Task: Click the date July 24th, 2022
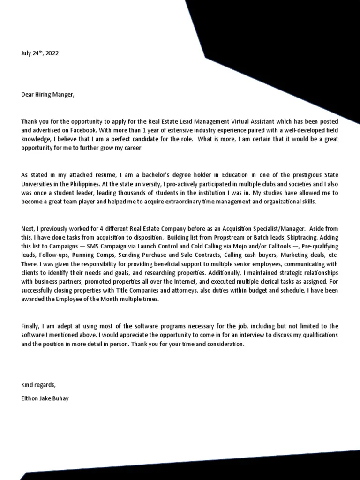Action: tap(40, 53)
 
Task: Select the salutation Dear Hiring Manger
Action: tap(47, 95)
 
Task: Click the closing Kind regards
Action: tap(38, 385)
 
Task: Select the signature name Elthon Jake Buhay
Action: tap(45, 398)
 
